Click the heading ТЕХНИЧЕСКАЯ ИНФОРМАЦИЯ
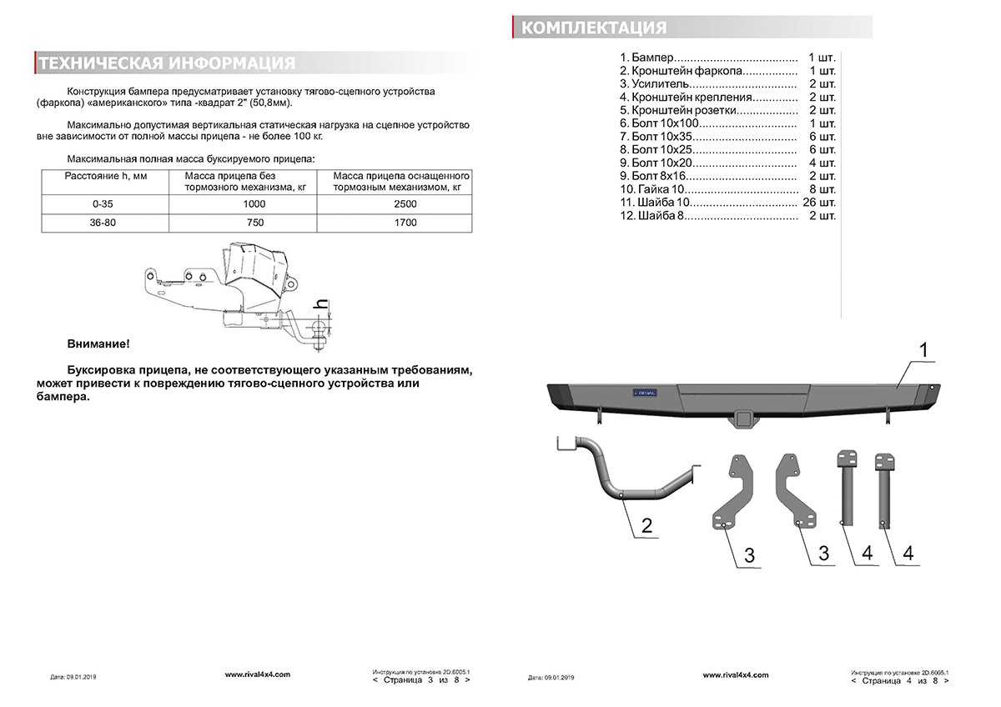167,63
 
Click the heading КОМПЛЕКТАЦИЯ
594,28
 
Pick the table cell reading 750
254,223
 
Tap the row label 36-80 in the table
104,223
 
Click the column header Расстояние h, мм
106,176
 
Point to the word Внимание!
98,343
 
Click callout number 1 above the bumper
924,350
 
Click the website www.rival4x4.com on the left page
258,674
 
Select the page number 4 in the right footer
906,680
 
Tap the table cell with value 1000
254,204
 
